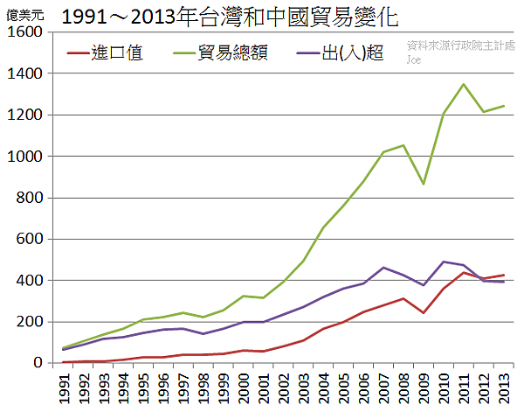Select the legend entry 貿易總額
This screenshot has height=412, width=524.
[232, 53]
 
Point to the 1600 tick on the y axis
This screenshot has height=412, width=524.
[25, 32]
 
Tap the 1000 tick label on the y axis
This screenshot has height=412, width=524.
[25, 157]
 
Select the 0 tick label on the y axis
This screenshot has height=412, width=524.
[38, 363]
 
